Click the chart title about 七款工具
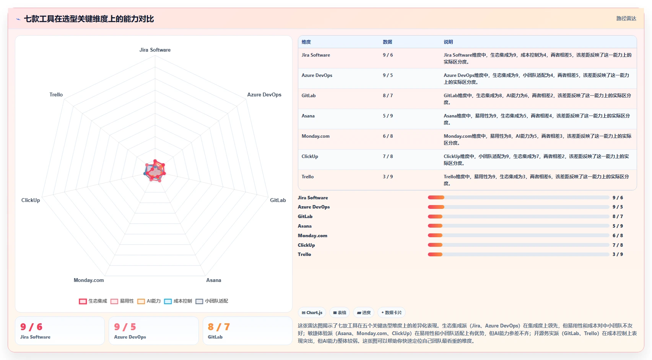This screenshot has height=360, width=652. (x=89, y=19)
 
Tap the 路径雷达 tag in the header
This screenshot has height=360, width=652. (x=626, y=18)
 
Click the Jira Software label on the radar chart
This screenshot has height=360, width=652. (x=155, y=50)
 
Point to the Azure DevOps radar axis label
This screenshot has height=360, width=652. (x=264, y=94)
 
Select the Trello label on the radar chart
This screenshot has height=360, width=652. (x=56, y=94)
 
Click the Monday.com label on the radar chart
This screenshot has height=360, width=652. (x=88, y=280)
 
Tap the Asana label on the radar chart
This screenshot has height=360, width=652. (x=214, y=280)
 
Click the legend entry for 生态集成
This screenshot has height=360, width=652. (x=93, y=301)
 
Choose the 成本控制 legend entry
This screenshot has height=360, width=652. (x=178, y=301)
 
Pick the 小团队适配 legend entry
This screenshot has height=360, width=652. (x=211, y=301)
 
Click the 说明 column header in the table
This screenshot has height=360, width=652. (x=448, y=42)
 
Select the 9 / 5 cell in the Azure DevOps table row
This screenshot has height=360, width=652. (x=388, y=75)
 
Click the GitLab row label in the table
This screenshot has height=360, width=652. (x=309, y=96)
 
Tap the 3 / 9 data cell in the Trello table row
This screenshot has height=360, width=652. (x=388, y=176)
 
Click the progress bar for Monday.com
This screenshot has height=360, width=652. (x=519, y=235)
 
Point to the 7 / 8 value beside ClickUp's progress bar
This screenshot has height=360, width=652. (x=618, y=245)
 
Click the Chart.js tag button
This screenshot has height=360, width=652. (x=312, y=313)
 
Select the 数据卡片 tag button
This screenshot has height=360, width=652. (x=391, y=313)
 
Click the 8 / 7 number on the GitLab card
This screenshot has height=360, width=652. (x=219, y=327)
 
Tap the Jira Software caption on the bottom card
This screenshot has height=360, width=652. (x=35, y=337)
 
